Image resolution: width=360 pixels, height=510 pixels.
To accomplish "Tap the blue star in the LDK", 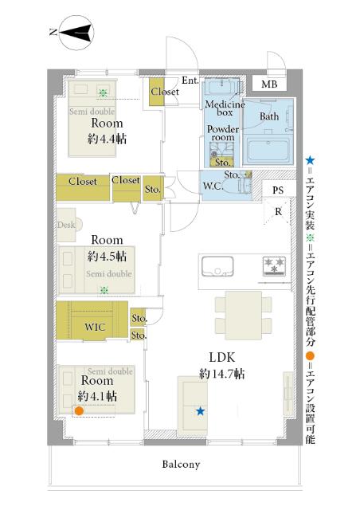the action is coord(201,411).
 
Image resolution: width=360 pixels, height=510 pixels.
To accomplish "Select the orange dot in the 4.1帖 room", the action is coord(79,411).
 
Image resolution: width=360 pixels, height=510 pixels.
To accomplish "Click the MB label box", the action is coord(269,84).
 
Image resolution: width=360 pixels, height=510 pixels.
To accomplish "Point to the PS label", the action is coord(278,190).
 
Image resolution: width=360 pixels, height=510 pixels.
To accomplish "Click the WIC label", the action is coord(95,327).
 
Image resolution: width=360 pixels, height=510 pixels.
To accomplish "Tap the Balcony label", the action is coord(181,464).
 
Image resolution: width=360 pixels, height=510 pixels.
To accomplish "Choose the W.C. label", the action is coord(213,186).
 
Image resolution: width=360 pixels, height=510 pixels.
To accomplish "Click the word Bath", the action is coord(269,116).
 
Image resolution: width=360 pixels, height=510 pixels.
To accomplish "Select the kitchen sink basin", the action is coord(217,266).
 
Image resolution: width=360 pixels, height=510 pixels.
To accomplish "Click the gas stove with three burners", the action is coord(274,266).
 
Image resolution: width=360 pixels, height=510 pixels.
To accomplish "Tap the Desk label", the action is coord(66,225).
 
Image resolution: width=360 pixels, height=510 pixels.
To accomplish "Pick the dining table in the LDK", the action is coord(244,316).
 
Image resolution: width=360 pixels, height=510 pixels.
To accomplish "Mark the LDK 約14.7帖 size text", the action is coord(221,374).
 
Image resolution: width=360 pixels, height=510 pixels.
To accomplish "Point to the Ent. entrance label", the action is coord(190,80).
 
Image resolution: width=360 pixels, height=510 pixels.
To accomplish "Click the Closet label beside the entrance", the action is coord(165,92).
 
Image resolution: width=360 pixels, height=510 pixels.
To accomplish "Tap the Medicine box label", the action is coord(225,108).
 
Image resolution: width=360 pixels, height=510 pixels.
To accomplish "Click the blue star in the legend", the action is coord(311,160).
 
